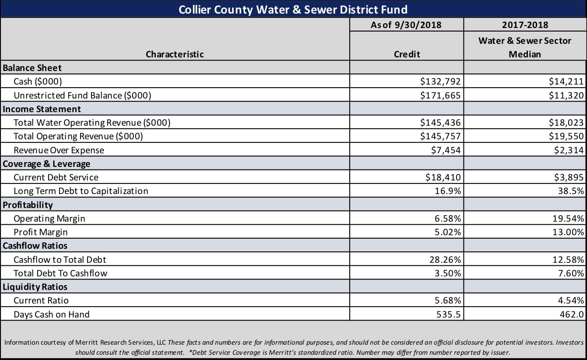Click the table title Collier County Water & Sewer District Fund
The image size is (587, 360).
tap(293, 9)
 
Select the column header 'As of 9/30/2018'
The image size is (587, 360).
tap(406, 25)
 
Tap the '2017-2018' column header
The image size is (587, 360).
tap(525, 25)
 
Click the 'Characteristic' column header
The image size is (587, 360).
tap(175, 54)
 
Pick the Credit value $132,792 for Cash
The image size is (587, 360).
tap(440, 81)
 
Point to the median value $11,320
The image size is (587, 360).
tap(566, 95)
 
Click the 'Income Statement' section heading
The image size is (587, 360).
tap(42, 109)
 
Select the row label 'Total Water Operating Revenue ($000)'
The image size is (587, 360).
tap(92, 123)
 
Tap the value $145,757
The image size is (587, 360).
tap(440, 136)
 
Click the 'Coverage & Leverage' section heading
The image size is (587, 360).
tap(46, 164)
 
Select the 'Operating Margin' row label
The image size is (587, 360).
tap(49, 218)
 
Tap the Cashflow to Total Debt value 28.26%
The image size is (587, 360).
tap(446, 260)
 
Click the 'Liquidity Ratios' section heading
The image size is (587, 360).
tap(35, 287)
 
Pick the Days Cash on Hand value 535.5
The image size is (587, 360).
tap(449, 314)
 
